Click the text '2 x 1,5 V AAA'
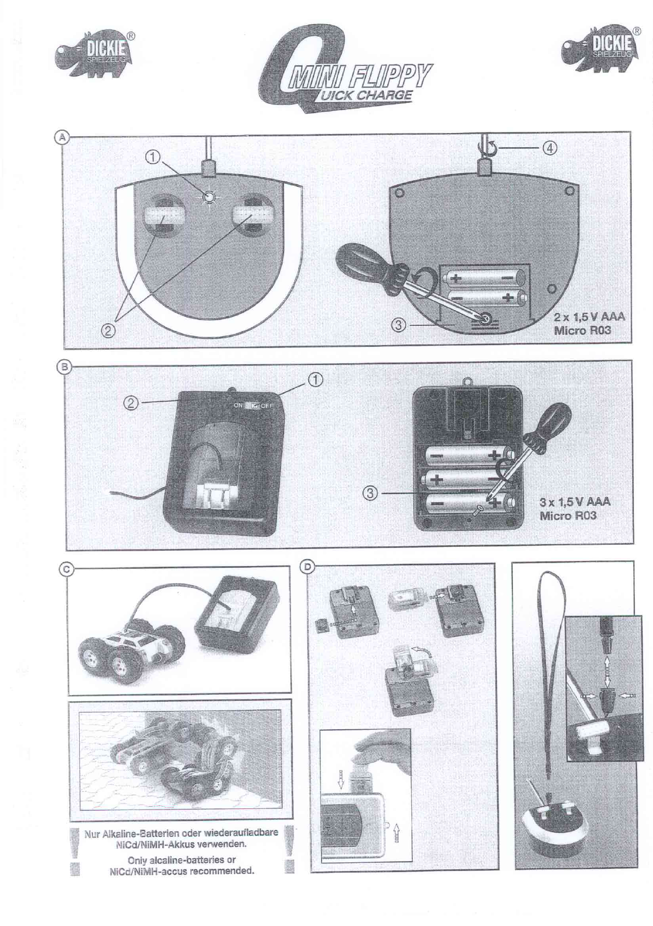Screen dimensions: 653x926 (589, 318)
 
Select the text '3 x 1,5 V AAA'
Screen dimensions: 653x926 (575, 502)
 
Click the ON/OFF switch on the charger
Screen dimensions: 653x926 (254, 406)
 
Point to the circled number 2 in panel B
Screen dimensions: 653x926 (130, 403)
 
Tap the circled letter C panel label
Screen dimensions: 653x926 (66, 570)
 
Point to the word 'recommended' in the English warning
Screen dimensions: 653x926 (222, 871)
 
